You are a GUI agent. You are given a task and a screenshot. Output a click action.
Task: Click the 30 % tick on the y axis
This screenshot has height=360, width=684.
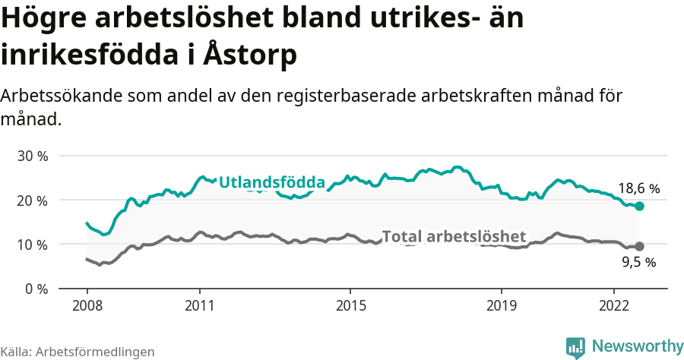pos(33,156)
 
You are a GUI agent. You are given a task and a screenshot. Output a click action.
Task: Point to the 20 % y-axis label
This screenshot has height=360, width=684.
pos(33,201)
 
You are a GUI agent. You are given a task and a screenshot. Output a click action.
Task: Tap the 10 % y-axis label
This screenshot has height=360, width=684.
pos(33,245)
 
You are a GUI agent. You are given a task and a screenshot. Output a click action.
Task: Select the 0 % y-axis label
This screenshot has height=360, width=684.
pos(36,289)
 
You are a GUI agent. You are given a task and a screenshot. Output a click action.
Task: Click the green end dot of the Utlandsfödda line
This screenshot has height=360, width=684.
pos(640,207)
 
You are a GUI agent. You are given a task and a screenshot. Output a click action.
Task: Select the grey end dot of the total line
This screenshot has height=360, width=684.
pos(640,246)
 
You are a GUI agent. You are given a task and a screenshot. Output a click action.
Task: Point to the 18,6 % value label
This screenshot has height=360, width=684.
pos(638,188)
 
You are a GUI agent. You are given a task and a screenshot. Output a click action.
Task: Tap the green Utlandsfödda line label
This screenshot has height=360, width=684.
pos(272,183)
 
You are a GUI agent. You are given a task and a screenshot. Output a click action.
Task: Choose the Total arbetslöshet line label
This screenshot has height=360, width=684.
pos(454,236)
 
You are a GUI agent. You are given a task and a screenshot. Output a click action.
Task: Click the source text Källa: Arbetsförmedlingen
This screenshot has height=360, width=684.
pos(78,352)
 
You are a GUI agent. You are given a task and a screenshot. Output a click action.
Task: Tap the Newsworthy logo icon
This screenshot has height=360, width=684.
pos(575,347)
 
